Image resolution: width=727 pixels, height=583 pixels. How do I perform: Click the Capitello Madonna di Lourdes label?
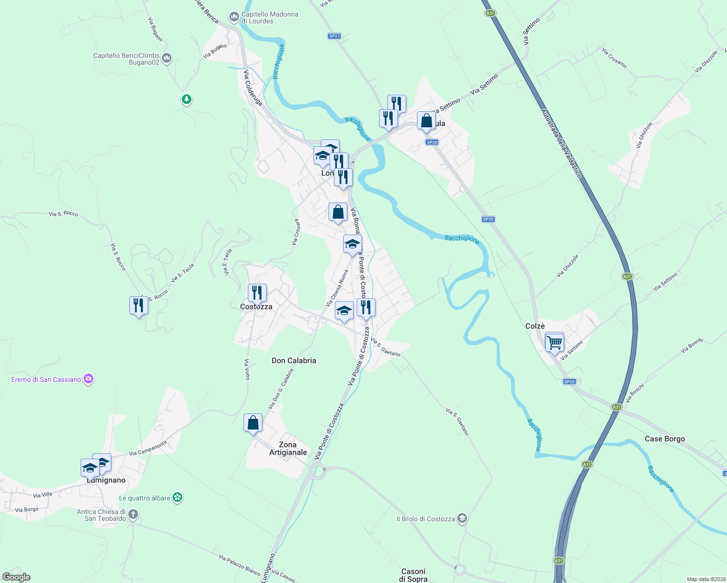(x=270, y=17)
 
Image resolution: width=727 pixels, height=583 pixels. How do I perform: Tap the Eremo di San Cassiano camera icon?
(x=88, y=379)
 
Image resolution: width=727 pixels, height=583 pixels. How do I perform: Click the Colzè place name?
(x=535, y=326)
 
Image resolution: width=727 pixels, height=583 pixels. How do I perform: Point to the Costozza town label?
(x=256, y=307)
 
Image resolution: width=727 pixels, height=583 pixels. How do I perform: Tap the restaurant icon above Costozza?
(x=257, y=292)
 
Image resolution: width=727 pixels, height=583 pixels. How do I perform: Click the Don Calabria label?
(x=294, y=360)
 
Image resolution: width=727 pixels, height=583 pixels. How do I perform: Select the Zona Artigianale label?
(x=288, y=448)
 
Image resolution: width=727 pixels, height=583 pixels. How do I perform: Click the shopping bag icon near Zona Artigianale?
(x=253, y=423)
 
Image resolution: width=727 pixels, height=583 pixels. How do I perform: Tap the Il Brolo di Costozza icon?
(x=462, y=519)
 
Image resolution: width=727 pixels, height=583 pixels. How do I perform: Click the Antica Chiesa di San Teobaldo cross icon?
(x=133, y=514)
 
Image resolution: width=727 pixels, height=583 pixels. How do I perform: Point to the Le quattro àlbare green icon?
(x=178, y=497)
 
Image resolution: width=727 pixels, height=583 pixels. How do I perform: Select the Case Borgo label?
(x=664, y=439)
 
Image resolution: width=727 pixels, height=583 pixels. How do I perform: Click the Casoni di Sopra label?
(x=413, y=575)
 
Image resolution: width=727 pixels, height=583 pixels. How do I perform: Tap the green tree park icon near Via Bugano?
(x=186, y=100)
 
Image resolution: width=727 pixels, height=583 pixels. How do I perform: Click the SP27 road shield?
(x=334, y=36)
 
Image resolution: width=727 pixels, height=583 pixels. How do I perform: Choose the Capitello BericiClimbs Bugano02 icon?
(x=167, y=59)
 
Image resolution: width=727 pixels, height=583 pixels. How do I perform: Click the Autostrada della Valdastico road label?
(x=561, y=144)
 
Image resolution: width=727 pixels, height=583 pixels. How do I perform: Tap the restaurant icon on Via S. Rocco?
(x=139, y=306)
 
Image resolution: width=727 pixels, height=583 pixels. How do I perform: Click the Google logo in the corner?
(x=16, y=577)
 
